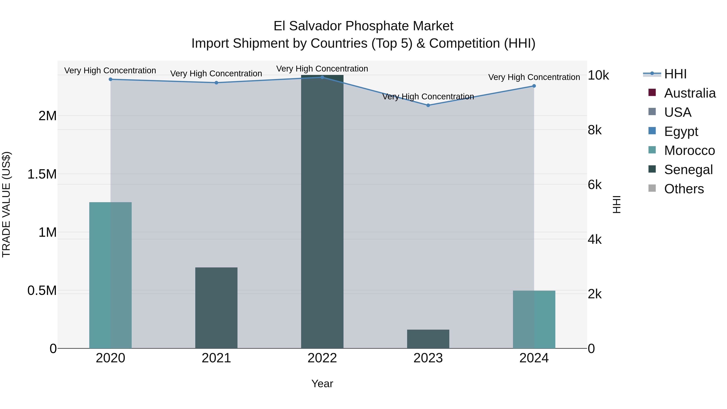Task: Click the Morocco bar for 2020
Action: [x=110, y=275]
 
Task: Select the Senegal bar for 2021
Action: [x=216, y=308]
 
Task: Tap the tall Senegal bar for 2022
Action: [x=322, y=212]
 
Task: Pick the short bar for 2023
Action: [x=428, y=339]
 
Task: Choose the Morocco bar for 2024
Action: [x=534, y=319]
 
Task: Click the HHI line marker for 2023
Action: [x=428, y=105]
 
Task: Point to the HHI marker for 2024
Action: [x=534, y=86]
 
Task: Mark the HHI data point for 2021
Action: [x=216, y=83]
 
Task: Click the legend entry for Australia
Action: [x=689, y=93]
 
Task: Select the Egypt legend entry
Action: [x=681, y=131]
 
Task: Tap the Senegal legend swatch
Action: [x=652, y=169]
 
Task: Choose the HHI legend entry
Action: [x=675, y=74]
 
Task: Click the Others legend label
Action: [x=684, y=189]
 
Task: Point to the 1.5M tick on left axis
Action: [x=42, y=174]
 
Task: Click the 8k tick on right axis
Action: [x=595, y=130]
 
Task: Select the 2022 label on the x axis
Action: [x=322, y=358]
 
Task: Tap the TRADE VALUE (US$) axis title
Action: [x=6, y=204]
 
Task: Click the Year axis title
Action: [x=322, y=384]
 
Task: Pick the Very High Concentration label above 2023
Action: [x=428, y=97]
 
